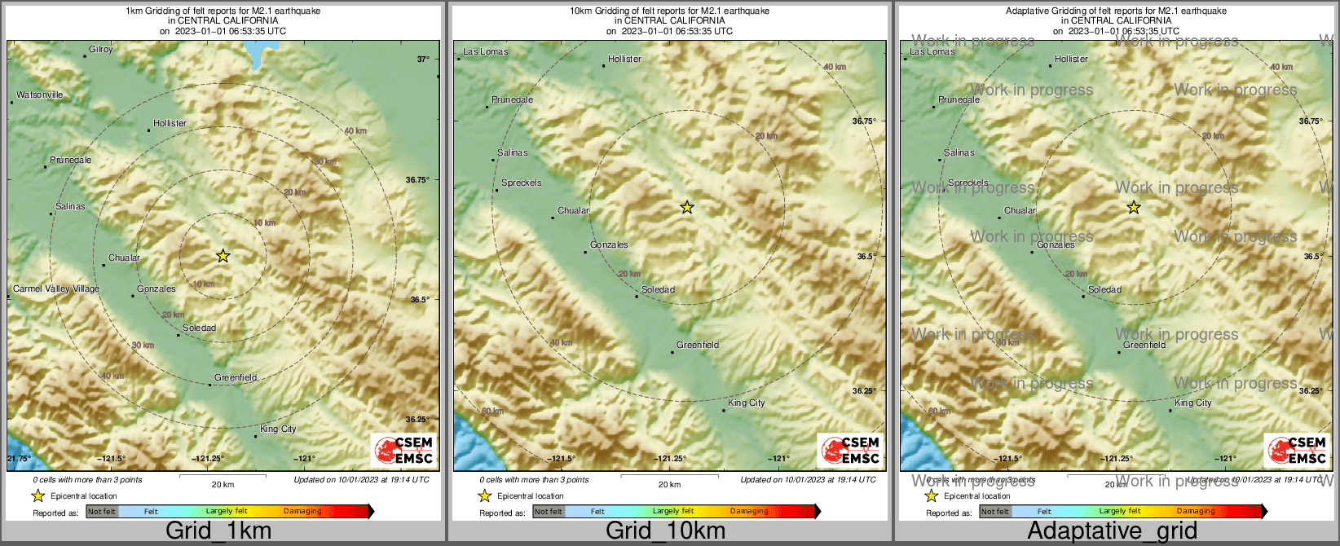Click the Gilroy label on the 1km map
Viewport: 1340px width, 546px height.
click(100, 50)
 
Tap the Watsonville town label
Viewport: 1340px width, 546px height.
click(39, 95)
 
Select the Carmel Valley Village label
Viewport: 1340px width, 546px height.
click(56, 289)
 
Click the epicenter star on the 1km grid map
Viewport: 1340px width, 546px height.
click(223, 256)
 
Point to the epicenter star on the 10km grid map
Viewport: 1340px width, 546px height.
click(687, 208)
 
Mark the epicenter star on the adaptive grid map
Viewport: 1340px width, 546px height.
click(1134, 208)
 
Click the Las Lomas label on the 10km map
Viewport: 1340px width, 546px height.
click(485, 52)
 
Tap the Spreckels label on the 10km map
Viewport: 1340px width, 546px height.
click(521, 183)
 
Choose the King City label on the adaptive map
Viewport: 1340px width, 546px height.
click(1192, 403)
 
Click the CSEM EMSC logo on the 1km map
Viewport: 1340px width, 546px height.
click(403, 450)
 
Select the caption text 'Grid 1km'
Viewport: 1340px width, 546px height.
click(218, 531)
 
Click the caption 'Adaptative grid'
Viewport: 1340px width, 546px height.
click(1112, 531)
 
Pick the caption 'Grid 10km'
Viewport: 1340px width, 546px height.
click(665, 531)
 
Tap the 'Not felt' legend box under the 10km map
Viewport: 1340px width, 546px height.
click(549, 512)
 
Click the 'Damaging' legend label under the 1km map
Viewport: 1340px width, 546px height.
click(302, 512)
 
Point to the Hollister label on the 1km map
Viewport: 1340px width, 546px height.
click(170, 124)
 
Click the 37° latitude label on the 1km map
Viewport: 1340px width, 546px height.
click(423, 59)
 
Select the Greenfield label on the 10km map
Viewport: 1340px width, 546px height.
click(698, 346)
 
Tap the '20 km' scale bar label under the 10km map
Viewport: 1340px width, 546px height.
click(669, 485)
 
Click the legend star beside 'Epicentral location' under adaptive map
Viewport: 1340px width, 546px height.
click(931, 496)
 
